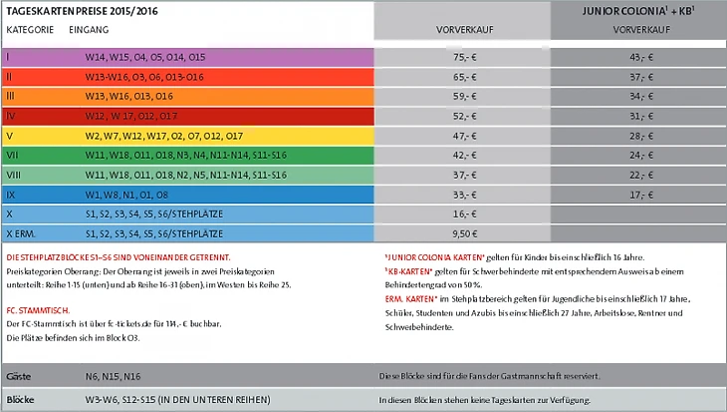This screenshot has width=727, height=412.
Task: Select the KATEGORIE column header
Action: point(30,30)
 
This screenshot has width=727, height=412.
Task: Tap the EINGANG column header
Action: point(90,30)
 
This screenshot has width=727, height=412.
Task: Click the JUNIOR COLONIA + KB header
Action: point(637,11)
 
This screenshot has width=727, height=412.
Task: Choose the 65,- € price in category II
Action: point(461,77)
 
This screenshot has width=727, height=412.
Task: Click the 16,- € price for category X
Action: point(461,213)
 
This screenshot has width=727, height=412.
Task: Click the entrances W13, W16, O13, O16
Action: point(129,97)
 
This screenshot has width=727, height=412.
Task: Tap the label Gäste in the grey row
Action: point(19,376)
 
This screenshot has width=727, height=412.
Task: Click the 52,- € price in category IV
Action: point(461,116)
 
